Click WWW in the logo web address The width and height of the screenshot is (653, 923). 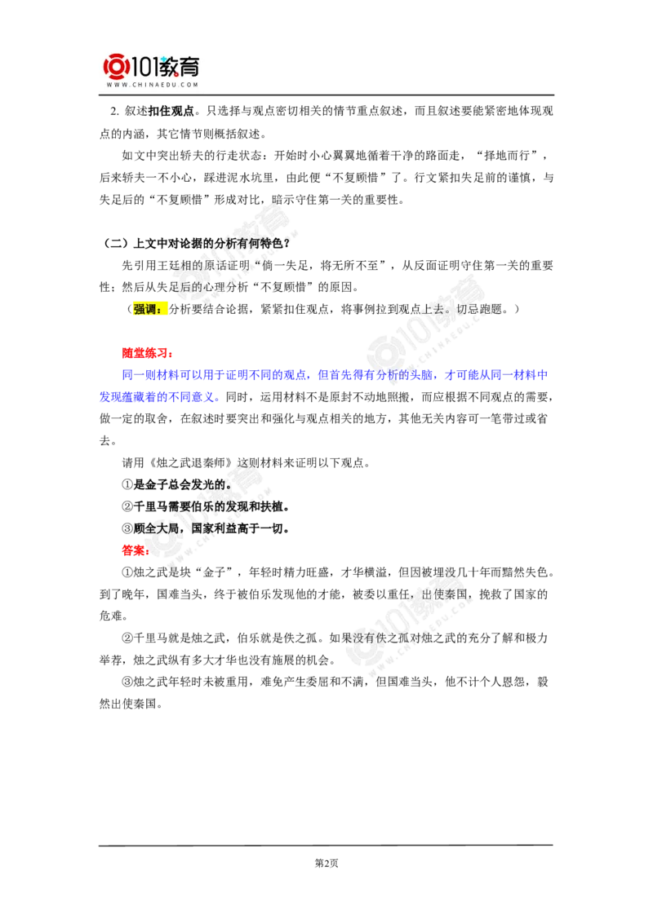[114, 84]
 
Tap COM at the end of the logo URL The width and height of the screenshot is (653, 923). [190, 84]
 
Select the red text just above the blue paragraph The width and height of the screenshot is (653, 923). [145, 352]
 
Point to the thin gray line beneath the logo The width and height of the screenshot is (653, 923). [153, 97]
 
